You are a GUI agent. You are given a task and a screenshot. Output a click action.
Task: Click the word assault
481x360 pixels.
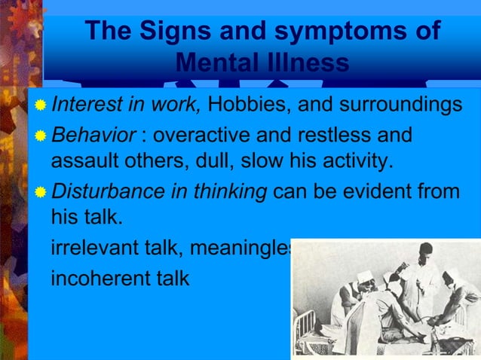(81, 161)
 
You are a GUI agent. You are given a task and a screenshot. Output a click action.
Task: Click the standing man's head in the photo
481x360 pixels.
(426, 251)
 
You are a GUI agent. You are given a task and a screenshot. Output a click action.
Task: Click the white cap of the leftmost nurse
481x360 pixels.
(364, 277)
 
